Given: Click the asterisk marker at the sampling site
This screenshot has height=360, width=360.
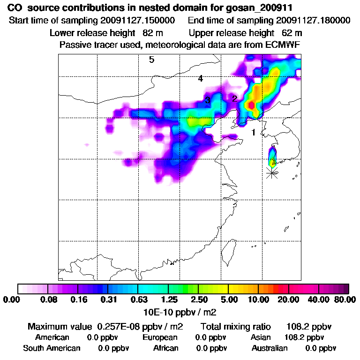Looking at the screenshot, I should tap(272, 172).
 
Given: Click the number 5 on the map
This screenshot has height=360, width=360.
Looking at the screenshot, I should tap(151, 60).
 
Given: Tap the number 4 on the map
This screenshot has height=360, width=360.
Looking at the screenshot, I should tap(200, 79).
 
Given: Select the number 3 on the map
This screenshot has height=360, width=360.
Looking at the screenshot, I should tap(207, 100).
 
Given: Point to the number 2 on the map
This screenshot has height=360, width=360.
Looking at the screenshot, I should tap(235, 98).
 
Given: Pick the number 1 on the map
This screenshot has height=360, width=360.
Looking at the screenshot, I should tap(254, 133).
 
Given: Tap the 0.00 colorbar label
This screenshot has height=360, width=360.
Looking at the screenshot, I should tap(13, 300).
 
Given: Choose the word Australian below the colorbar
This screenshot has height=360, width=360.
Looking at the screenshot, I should tap(270, 348).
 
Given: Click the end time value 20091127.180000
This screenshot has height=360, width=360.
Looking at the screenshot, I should tap(314, 21).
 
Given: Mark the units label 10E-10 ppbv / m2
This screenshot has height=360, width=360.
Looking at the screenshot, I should tap(180, 312).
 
